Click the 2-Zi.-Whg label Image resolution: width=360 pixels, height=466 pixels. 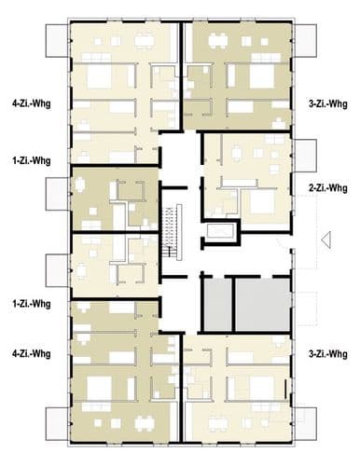click(x=328, y=188)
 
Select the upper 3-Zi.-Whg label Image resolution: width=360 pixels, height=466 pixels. click(x=328, y=103)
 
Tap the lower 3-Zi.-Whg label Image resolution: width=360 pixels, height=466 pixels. click(x=328, y=354)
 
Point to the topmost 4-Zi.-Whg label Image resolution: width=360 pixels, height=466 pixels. click(x=32, y=103)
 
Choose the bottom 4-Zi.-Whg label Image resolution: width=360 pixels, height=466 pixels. click(x=32, y=353)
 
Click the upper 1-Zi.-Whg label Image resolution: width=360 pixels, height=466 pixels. click(x=32, y=161)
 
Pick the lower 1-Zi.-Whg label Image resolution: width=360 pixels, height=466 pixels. click(x=32, y=304)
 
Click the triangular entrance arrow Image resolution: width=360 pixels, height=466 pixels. click(x=326, y=240)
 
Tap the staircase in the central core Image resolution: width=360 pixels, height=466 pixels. click(x=172, y=232)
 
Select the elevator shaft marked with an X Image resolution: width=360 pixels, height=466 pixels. click(x=220, y=232)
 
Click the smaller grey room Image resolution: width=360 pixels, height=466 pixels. click(x=217, y=305)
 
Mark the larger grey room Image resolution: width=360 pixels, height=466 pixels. click(x=263, y=305)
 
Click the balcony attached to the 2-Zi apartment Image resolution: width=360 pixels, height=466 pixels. click(x=306, y=156)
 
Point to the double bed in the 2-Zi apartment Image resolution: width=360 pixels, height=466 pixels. click(x=262, y=202)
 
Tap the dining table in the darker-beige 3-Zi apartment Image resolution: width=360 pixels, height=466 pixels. click(x=218, y=40)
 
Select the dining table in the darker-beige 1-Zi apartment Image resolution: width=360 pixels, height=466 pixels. click(x=80, y=185)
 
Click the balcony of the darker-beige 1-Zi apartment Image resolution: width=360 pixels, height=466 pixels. click(x=57, y=194)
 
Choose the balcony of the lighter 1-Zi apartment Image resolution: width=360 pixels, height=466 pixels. click(x=57, y=270)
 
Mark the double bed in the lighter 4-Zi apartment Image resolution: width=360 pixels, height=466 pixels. click(x=99, y=76)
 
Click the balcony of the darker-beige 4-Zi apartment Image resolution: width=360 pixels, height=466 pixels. click(x=57, y=424)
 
